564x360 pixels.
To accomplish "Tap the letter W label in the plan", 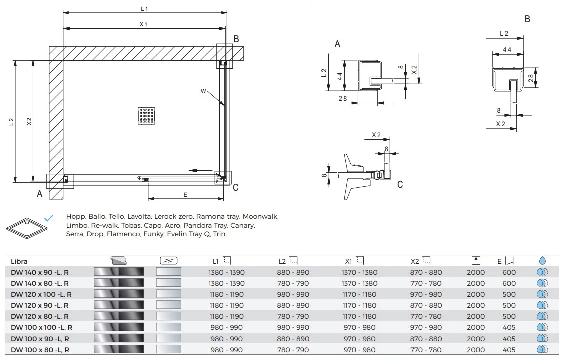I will [x=203, y=91].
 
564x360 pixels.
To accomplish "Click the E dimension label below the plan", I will [x=185, y=195].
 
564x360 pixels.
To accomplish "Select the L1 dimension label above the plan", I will [x=144, y=8].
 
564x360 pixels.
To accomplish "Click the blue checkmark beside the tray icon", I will [x=48, y=218].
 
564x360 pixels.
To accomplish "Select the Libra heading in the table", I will [x=19, y=261].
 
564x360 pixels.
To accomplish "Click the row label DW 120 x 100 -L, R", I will [x=41, y=294].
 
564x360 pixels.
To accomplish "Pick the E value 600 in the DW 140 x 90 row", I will [x=509, y=272].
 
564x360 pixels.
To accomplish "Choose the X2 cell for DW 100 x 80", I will [x=426, y=350].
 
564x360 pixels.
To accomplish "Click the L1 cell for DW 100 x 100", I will [x=227, y=328].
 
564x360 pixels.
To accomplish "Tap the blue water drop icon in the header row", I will [x=542, y=261].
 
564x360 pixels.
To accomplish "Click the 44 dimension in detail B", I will [x=507, y=50].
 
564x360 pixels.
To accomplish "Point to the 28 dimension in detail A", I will [x=342, y=99].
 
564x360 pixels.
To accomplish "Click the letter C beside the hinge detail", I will [x=400, y=185].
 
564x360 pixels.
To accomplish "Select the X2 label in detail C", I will [x=376, y=135].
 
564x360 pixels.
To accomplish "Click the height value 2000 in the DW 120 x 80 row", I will [x=475, y=316].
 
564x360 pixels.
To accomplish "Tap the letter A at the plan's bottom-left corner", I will [x=40, y=194].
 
